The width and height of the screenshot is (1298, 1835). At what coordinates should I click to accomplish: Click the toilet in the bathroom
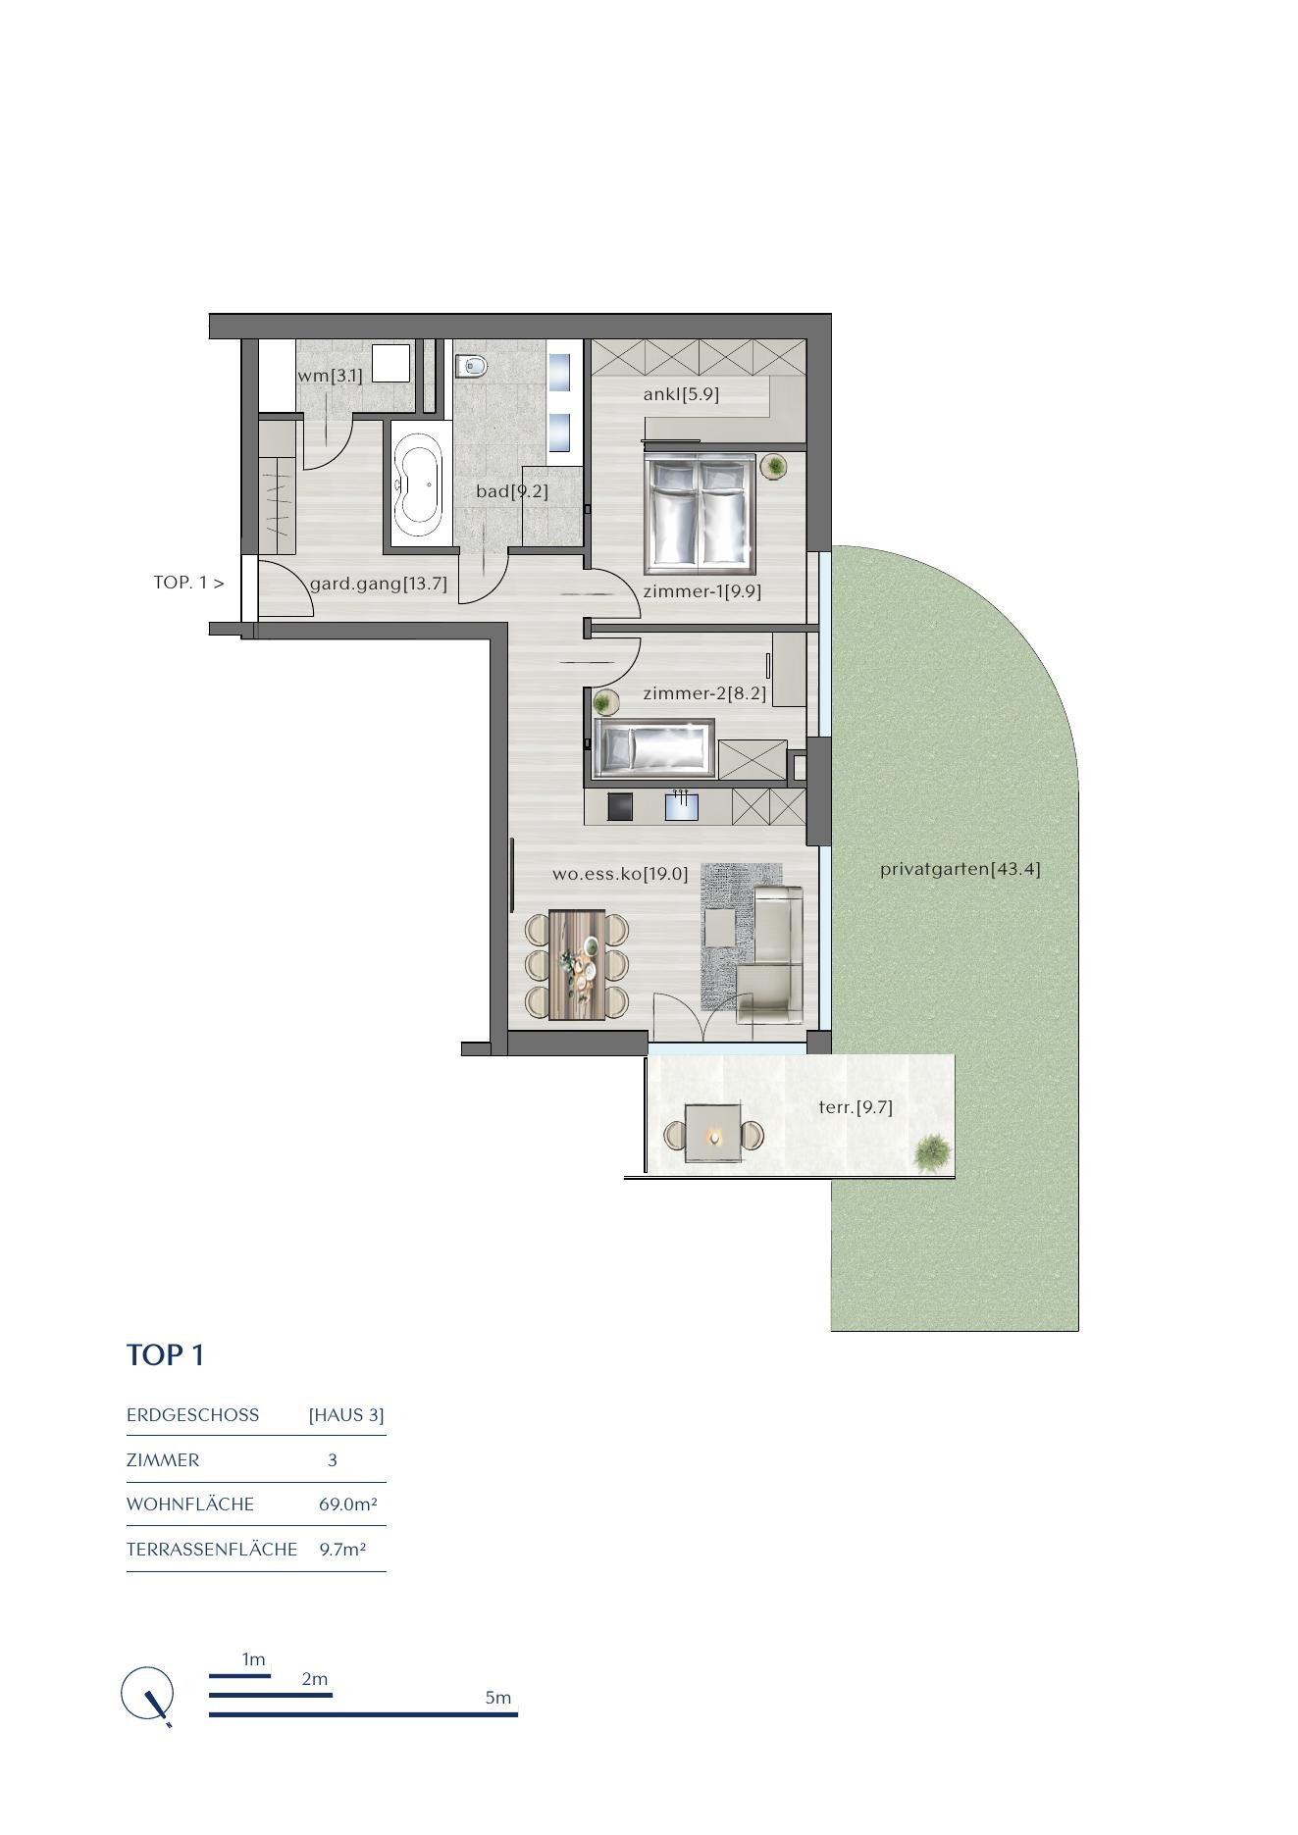pyautogui.click(x=472, y=365)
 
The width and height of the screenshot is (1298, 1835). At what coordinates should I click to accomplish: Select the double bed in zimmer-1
pyautogui.click(x=700, y=514)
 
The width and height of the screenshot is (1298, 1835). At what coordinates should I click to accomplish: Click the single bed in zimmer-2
pyautogui.click(x=654, y=748)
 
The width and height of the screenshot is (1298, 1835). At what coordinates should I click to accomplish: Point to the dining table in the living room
pyautogui.click(x=577, y=964)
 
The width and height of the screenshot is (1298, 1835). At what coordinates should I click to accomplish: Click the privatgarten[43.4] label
pyautogui.click(x=960, y=868)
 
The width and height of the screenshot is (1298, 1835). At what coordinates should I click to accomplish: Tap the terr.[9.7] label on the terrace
pyautogui.click(x=856, y=1107)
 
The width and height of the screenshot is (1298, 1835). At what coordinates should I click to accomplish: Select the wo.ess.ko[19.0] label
pyautogui.click(x=620, y=873)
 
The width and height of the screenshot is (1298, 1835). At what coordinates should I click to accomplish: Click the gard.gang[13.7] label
pyautogui.click(x=378, y=584)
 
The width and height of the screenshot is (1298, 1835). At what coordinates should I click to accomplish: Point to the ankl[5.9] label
pyautogui.click(x=681, y=394)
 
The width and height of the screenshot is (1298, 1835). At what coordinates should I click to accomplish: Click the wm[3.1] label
pyautogui.click(x=330, y=375)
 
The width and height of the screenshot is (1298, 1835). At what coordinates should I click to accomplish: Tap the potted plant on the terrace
pyautogui.click(x=931, y=1152)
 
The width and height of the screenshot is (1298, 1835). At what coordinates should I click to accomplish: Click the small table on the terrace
pyautogui.click(x=713, y=1134)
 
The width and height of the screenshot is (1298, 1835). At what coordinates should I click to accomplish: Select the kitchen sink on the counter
pyautogui.click(x=681, y=806)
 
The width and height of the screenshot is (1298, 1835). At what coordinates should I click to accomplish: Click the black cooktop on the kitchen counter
pyautogui.click(x=620, y=806)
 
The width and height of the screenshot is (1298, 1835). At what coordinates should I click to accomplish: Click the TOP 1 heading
pyautogui.click(x=166, y=1354)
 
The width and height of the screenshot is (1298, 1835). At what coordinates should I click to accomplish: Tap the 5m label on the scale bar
pyautogui.click(x=498, y=1698)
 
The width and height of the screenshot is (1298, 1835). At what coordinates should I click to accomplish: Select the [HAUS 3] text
pyautogui.click(x=346, y=1415)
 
